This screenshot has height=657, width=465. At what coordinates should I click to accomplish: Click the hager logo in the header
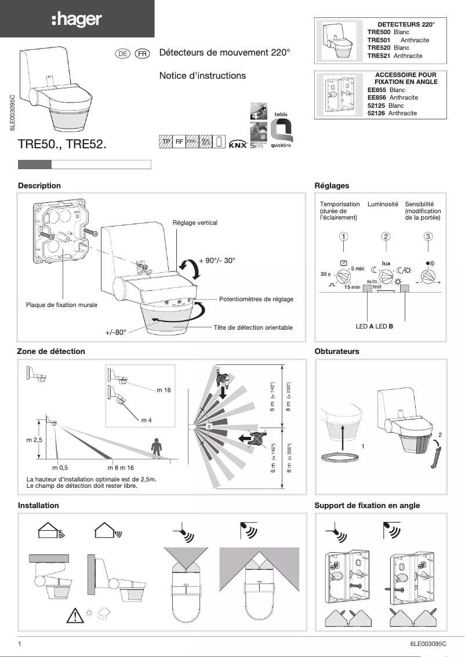coord(77,20)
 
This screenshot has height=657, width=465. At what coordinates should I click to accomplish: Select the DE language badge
coord(122,53)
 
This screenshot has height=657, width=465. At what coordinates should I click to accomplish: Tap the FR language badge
coord(142,53)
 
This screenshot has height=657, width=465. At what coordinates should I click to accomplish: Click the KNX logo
coord(237,145)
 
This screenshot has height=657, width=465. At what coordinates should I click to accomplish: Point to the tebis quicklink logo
coord(281,131)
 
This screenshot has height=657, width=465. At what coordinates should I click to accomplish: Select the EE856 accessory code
coord(378,98)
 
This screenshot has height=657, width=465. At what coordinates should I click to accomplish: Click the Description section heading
coord(39,185)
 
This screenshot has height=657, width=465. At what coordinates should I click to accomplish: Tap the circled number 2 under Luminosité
coord(386,236)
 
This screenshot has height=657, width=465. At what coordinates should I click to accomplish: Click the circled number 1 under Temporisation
coord(344,236)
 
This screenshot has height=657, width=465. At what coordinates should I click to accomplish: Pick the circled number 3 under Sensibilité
coord(428,236)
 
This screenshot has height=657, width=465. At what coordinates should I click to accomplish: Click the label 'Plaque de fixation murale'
coord(61,305)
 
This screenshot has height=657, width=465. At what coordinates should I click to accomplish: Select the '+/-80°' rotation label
coord(116,333)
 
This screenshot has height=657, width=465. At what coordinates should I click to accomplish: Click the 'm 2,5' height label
coord(35,440)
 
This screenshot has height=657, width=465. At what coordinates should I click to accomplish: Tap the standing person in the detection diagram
coord(155,448)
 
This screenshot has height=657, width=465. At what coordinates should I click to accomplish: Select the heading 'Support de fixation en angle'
coord(367,505)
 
